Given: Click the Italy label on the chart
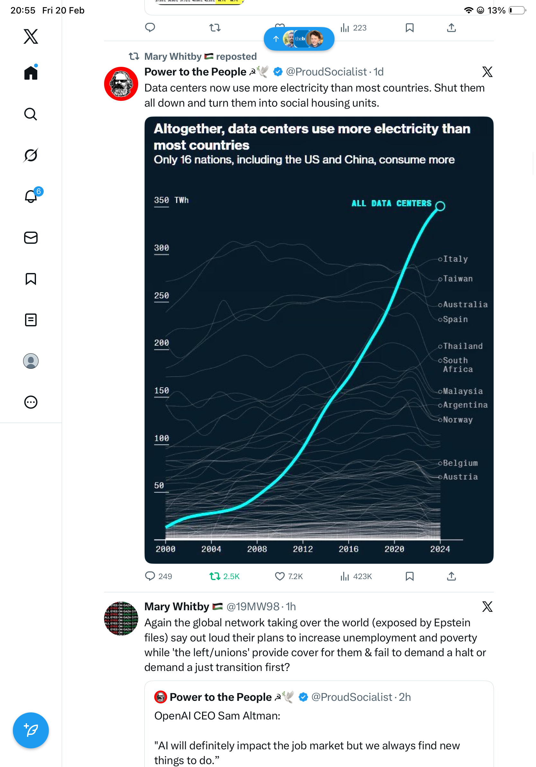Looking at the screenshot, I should (455, 259).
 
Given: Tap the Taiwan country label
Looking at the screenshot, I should (458, 278).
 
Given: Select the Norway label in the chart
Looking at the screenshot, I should (458, 419).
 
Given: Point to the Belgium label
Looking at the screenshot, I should (460, 463).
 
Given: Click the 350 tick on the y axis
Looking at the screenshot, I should (161, 200).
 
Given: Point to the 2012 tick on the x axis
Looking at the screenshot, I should (303, 549).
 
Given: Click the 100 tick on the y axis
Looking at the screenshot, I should (161, 438).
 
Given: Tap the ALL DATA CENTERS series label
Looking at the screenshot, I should (391, 203).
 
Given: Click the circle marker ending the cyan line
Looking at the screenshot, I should (440, 206).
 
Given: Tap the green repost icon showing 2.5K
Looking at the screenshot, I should (215, 576).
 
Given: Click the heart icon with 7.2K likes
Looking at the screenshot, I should (280, 576).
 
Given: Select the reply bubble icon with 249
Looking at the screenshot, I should (150, 576).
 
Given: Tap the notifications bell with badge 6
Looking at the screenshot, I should (31, 197).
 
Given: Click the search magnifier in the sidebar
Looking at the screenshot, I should (31, 114).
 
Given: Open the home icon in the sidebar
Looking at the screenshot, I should (31, 73).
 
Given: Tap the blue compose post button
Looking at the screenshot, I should (31, 730).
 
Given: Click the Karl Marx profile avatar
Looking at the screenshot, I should (121, 84).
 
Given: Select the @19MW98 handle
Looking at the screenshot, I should (253, 606).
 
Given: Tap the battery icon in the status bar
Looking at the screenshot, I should (517, 10).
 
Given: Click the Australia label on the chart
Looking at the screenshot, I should (465, 305).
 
